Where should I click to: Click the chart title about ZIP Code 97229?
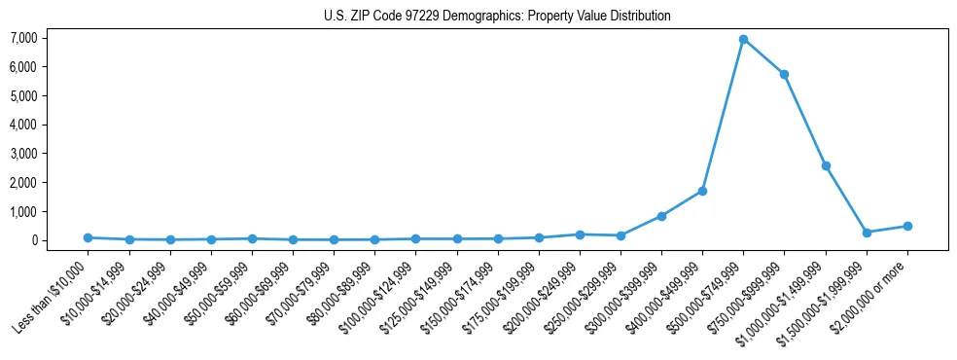click(x=497, y=16)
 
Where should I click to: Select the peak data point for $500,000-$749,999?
click(x=743, y=40)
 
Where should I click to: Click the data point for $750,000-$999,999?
click(x=784, y=74)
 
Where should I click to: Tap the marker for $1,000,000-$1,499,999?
click(x=826, y=166)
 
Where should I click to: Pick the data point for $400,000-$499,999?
click(x=702, y=191)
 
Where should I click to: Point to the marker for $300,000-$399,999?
click(x=661, y=216)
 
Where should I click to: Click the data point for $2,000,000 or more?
click(x=907, y=226)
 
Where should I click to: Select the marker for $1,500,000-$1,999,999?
click(x=867, y=233)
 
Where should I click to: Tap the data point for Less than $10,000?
click(x=88, y=237)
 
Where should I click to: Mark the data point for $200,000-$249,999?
click(x=580, y=234)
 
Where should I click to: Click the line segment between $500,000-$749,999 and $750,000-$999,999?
click(x=763, y=56)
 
